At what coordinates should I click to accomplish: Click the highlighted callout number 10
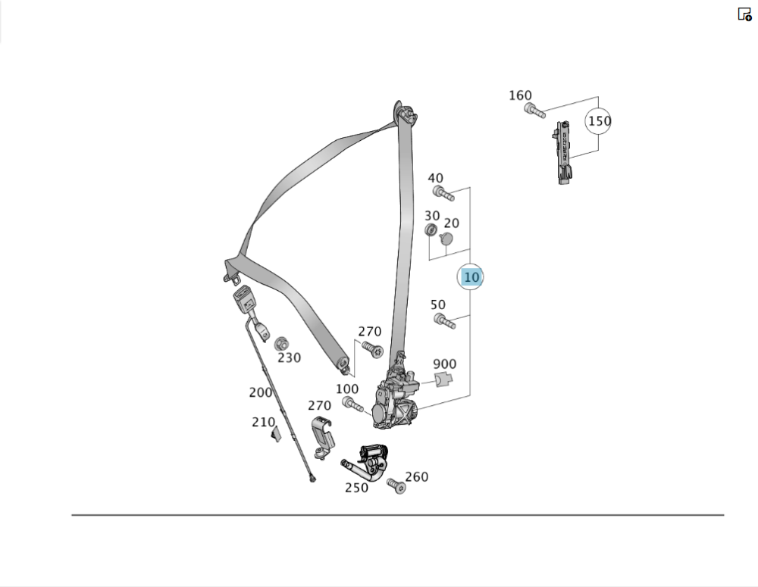[x=471, y=277]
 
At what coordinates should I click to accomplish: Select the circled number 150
[x=598, y=121]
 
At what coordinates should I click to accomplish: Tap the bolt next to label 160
[x=534, y=111]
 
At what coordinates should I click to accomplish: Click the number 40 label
[x=435, y=178]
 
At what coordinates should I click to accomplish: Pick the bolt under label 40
[x=443, y=193]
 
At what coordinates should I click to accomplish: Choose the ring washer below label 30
[x=431, y=229]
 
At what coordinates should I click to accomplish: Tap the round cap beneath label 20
[x=446, y=239]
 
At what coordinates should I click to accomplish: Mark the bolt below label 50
[x=445, y=322]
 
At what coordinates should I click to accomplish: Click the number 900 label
[x=444, y=364]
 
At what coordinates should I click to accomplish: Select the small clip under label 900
[x=445, y=379]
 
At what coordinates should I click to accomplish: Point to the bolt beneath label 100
[x=352, y=405]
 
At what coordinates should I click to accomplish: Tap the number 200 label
[x=260, y=392]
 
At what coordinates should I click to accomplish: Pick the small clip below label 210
[x=277, y=433]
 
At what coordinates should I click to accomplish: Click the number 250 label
[x=356, y=488]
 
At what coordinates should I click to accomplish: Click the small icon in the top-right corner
[x=744, y=14]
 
